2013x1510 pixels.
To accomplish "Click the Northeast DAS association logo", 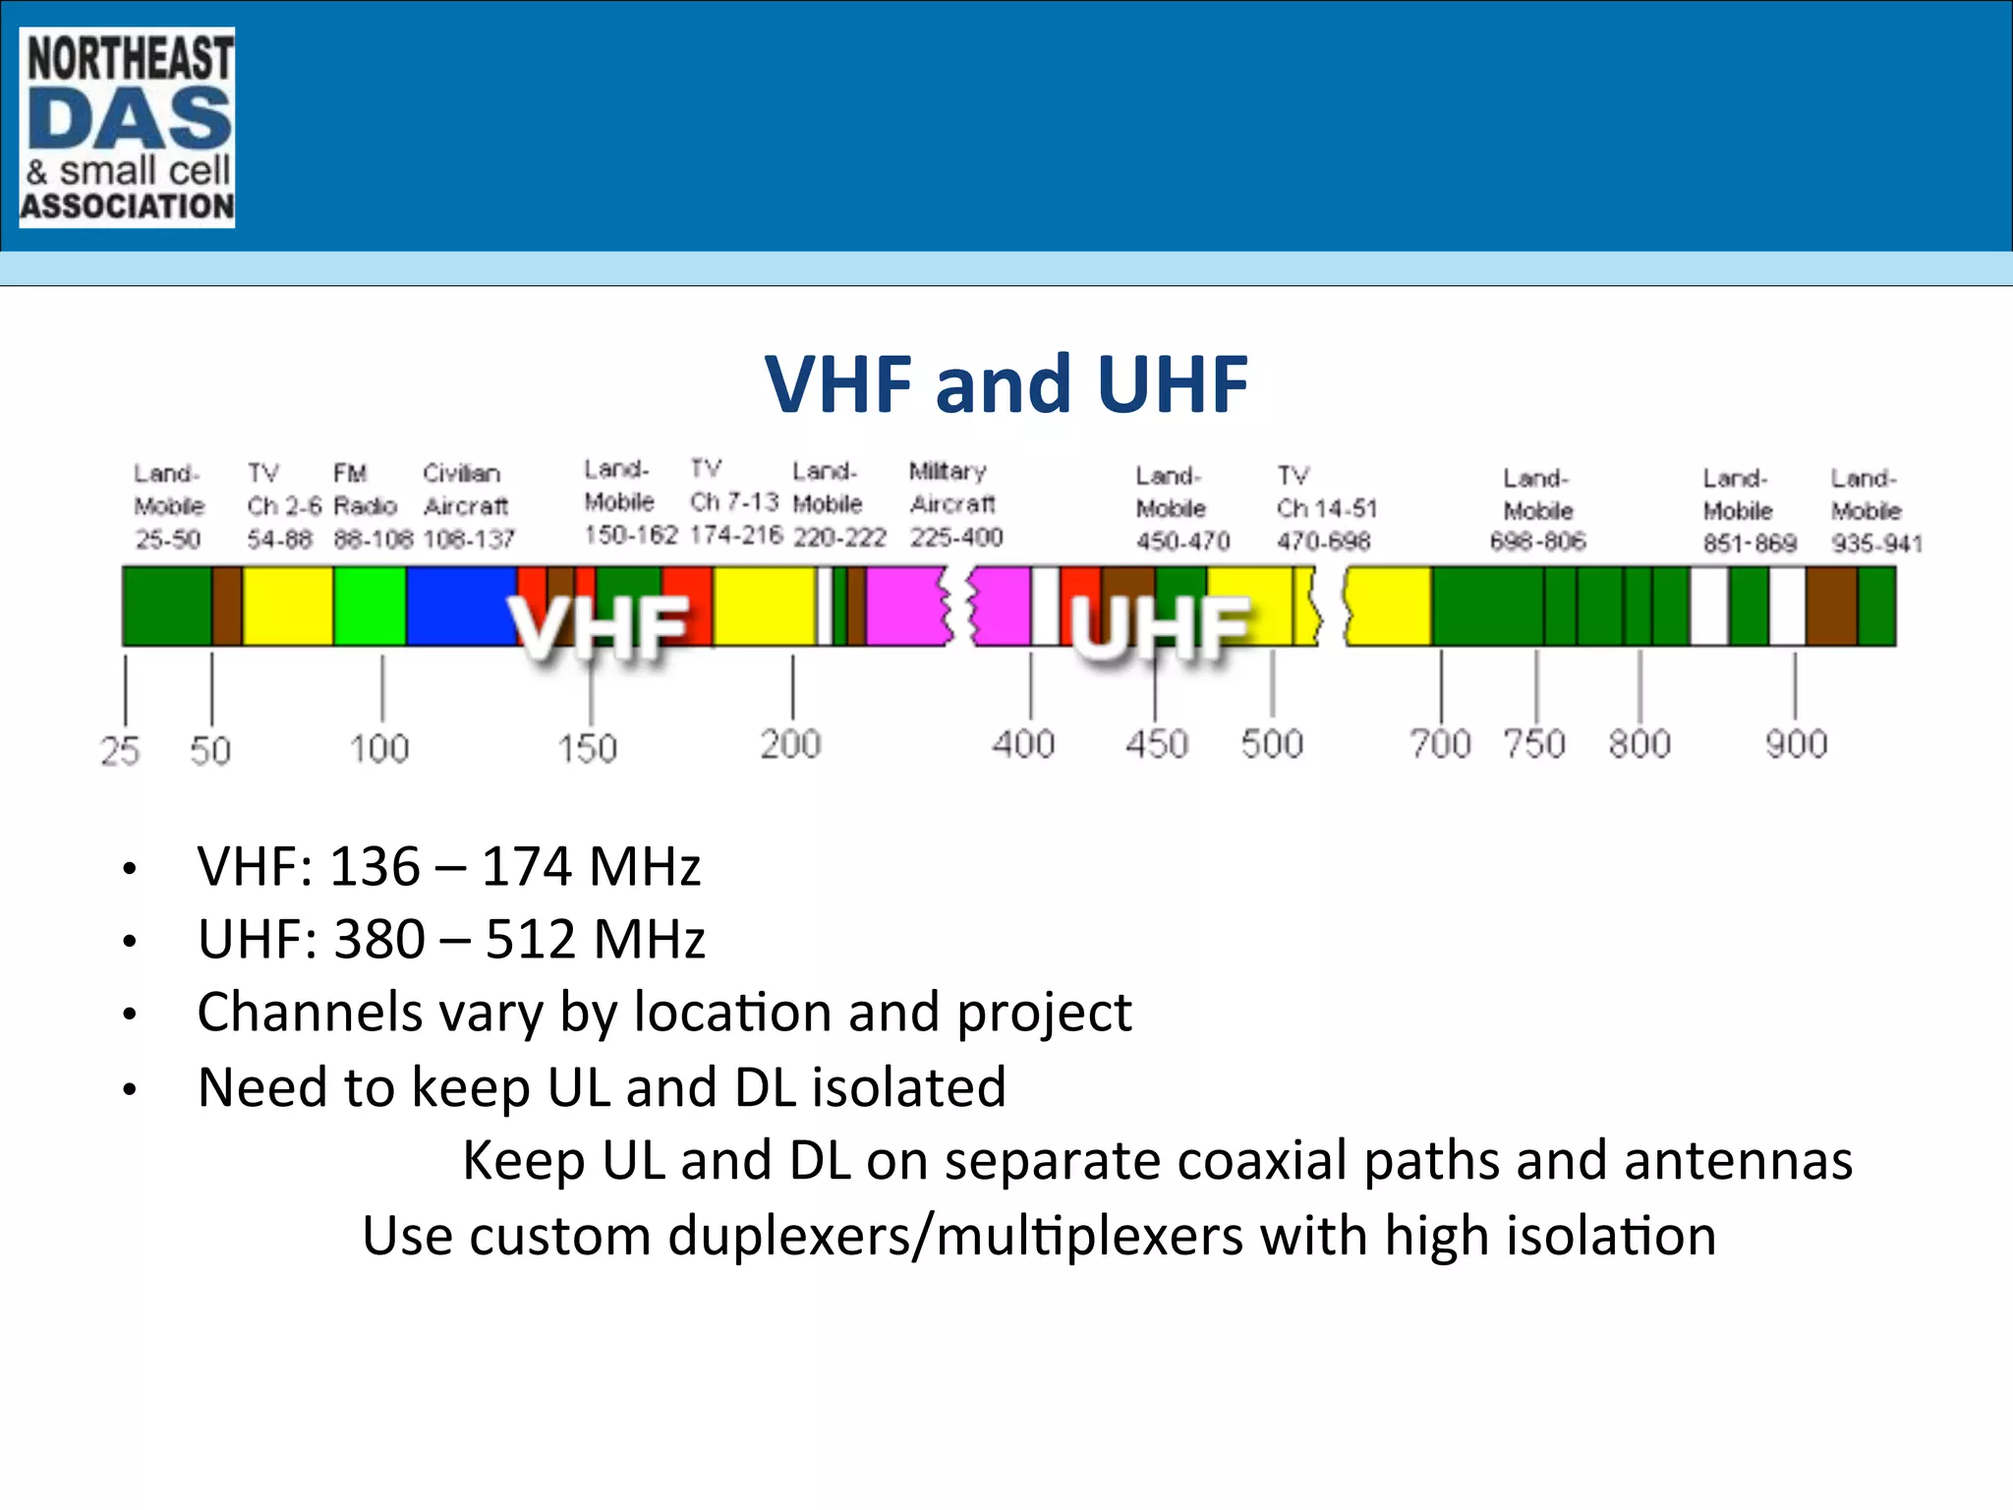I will click(x=127, y=128).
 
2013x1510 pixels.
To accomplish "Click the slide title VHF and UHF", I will click(x=1006, y=383).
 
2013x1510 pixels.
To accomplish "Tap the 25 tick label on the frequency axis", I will click(x=120, y=751).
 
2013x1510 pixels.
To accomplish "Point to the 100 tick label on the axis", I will click(x=379, y=749).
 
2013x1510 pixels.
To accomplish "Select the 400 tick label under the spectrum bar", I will click(x=1023, y=744).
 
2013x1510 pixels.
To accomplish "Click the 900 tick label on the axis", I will click(x=1796, y=744).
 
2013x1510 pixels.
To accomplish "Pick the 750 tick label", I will click(x=1534, y=744).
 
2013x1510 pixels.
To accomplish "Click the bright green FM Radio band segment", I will click(x=370, y=606).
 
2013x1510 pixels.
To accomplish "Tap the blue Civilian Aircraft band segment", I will click(x=457, y=606).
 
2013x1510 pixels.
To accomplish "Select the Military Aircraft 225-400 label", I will click(x=954, y=504).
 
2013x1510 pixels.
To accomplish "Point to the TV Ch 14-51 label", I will click(x=1326, y=508).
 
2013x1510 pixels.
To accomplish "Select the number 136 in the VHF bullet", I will click(x=374, y=867).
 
